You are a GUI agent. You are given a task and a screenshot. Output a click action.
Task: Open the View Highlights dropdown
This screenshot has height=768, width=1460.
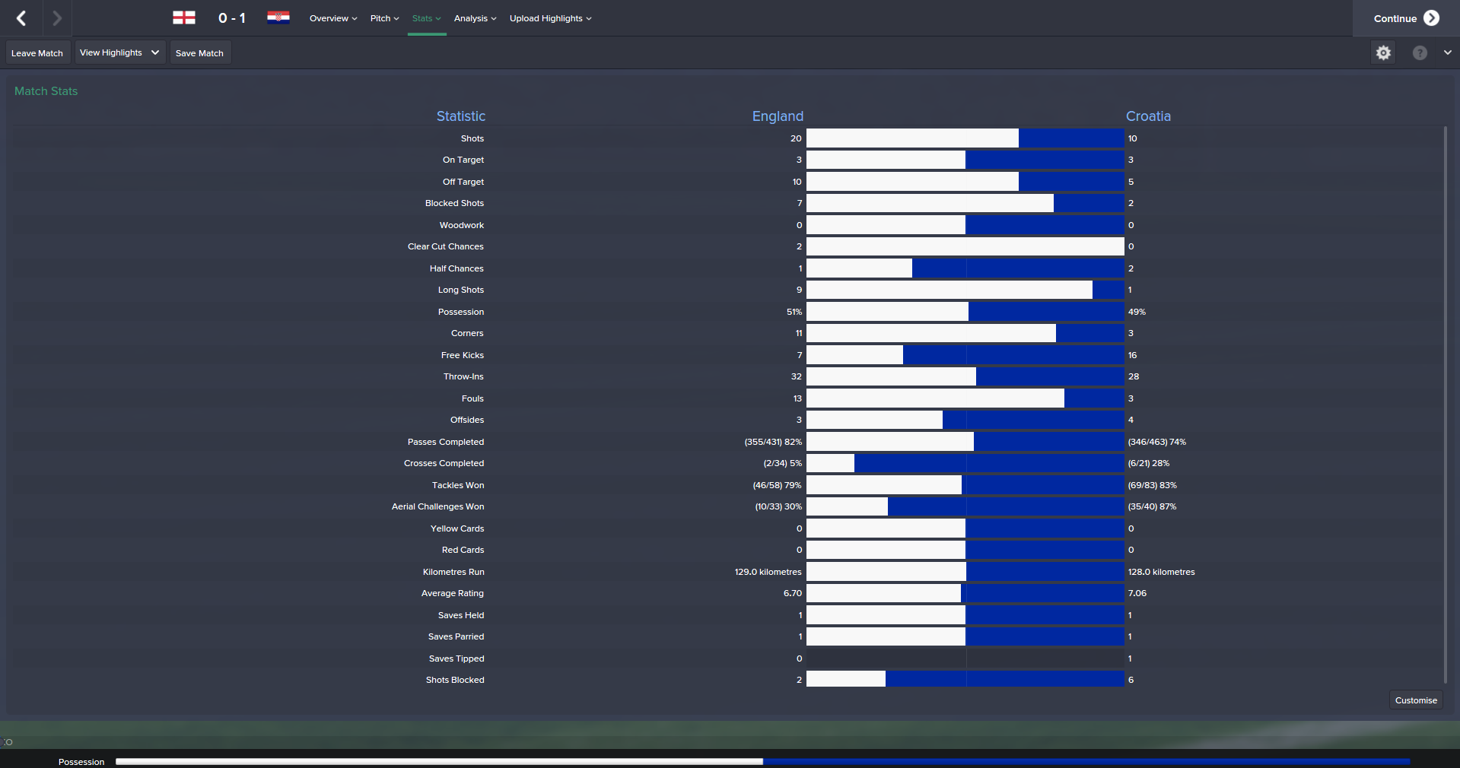[119, 52]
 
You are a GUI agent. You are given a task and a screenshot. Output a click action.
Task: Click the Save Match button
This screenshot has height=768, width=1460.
[199, 53]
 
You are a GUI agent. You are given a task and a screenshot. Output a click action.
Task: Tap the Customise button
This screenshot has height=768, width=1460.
[1415, 700]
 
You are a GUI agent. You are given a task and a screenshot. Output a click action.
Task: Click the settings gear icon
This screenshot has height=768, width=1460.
[1383, 52]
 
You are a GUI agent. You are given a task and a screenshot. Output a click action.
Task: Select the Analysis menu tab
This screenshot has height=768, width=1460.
[475, 18]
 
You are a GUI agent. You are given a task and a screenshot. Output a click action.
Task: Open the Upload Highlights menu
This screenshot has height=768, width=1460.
[550, 18]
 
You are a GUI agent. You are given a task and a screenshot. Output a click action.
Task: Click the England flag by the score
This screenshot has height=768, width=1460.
[184, 17]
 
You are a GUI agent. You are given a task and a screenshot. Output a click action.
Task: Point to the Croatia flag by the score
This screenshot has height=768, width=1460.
[278, 17]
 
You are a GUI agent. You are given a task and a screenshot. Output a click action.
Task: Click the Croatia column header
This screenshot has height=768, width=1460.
[1147, 116]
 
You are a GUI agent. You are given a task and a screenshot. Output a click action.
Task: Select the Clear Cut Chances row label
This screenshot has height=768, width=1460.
[445, 246]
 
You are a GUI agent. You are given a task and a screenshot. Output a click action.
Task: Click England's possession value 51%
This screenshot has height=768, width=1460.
[794, 312]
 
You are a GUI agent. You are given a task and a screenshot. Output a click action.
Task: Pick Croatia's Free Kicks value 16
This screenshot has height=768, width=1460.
[1132, 355]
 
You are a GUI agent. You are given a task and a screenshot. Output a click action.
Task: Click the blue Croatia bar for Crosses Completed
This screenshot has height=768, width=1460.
[988, 463]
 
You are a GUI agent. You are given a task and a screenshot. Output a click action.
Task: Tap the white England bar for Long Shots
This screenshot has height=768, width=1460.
[949, 290]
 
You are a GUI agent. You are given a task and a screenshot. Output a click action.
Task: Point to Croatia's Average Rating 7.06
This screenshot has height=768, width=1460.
[1137, 593]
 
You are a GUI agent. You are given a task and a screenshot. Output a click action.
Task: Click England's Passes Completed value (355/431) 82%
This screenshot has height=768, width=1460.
[772, 442]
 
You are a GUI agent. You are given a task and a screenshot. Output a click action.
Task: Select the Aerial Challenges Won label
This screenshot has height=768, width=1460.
[437, 506]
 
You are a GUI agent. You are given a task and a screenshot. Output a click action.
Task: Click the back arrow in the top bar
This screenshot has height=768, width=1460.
[21, 18]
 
